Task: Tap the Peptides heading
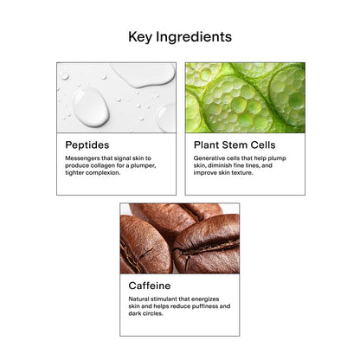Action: [x=87, y=145]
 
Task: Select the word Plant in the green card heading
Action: [x=206, y=145]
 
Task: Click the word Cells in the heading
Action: [x=263, y=145]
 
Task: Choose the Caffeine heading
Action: [x=150, y=286]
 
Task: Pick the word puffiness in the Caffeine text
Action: [x=202, y=306]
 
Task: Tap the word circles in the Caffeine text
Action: [x=153, y=313]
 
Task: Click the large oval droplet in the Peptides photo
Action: [x=91, y=107]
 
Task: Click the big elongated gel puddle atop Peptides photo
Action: [x=145, y=74]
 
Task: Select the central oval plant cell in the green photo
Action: [x=237, y=105]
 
